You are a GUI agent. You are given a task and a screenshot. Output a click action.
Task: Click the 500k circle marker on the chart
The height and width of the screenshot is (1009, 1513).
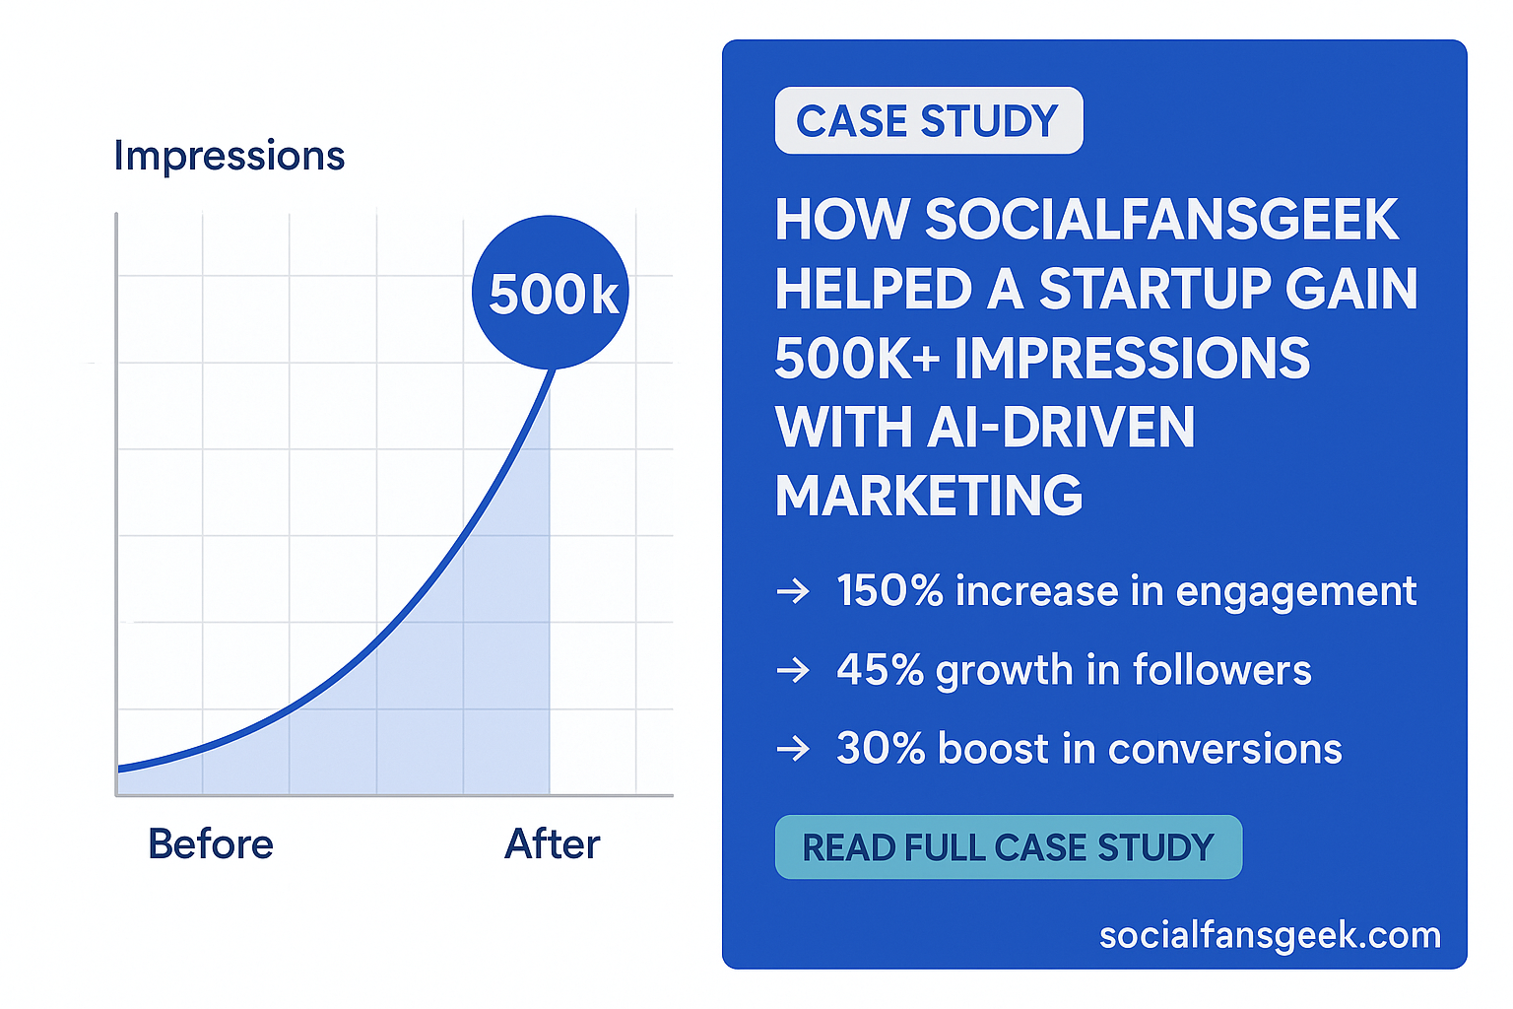click(551, 293)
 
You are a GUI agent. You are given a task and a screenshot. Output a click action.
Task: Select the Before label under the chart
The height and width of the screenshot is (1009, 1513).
click(211, 844)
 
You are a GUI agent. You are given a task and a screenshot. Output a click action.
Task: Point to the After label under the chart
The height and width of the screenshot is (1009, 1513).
click(553, 844)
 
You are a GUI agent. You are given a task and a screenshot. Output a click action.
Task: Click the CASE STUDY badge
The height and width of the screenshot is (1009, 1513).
click(929, 120)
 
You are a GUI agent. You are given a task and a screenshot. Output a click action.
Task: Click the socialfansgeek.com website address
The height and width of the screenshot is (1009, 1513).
click(1271, 936)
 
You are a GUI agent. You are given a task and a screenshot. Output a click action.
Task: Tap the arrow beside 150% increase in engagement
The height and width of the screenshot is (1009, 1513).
click(793, 591)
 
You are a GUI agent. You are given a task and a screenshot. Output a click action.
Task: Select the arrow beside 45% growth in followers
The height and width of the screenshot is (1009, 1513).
click(793, 670)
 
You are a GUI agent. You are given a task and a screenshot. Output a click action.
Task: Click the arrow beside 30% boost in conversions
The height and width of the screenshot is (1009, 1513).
click(793, 749)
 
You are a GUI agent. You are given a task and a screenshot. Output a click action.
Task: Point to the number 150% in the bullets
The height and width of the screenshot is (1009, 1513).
click(889, 591)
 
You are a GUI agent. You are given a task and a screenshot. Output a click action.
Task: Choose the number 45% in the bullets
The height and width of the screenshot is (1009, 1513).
click(880, 670)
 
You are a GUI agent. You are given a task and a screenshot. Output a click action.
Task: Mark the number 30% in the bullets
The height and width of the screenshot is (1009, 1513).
click(881, 749)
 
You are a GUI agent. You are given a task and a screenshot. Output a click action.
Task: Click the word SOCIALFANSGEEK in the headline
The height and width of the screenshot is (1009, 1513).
click(1161, 220)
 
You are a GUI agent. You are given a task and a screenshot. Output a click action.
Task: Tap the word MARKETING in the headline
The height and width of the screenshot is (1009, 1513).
click(929, 496)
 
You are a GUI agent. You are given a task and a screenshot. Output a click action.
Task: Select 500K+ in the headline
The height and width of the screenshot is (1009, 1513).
click(858, 358)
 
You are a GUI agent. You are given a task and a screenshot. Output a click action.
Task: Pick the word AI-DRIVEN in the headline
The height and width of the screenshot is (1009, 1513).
click(1061, 427)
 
